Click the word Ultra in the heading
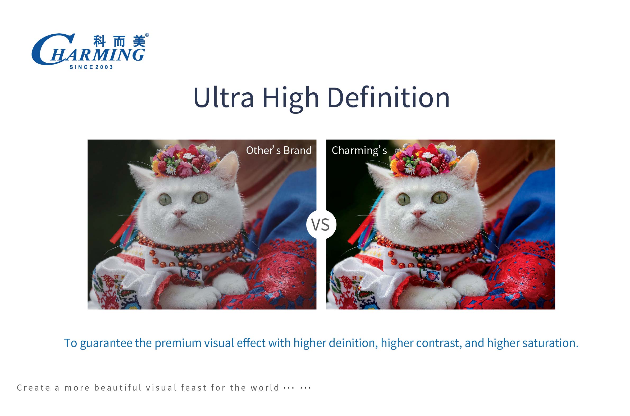[x=223, y=97]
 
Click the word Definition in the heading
[x=389, y=97]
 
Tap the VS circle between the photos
[x=321, y=224]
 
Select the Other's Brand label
[x=279, y=150]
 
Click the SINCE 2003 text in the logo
[x=91, y=67]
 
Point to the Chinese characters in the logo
[x=119, y=41]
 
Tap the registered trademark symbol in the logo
[x=147, y=35]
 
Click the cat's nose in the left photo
[x=180, y=213]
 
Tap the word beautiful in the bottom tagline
[x=118, y=388]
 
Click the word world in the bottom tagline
[x=265, y=388]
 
